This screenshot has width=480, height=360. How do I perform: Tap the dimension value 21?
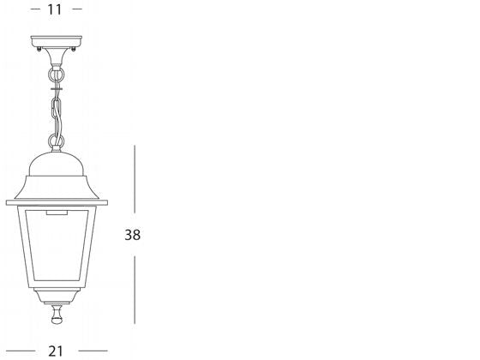point(57,351)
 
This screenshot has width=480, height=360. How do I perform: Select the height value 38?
point(132,234)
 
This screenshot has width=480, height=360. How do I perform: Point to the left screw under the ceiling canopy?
point(39,49)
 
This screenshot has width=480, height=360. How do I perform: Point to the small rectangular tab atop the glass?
point(57,211)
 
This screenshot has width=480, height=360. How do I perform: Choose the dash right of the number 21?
point(93,351)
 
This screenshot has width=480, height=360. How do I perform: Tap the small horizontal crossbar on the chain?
point(57,86)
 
